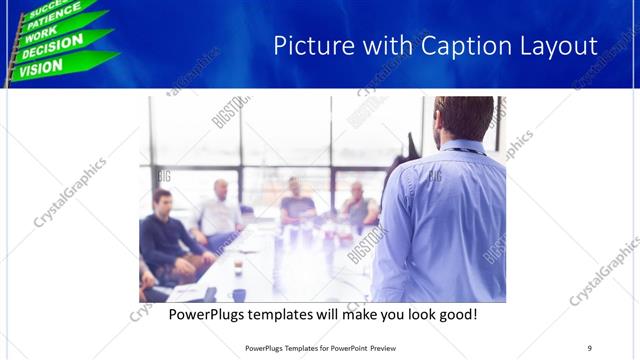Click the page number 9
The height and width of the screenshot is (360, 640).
(x=589, y=347)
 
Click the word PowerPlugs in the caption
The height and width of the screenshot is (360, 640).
(x=209, y=314)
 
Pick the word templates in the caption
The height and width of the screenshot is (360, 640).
(x=294, y=314)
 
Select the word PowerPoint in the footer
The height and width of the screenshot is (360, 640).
(x=344, y=347)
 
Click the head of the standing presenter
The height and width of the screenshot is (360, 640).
(x=464, y=117)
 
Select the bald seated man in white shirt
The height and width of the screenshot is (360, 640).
(x=220, y=210)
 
